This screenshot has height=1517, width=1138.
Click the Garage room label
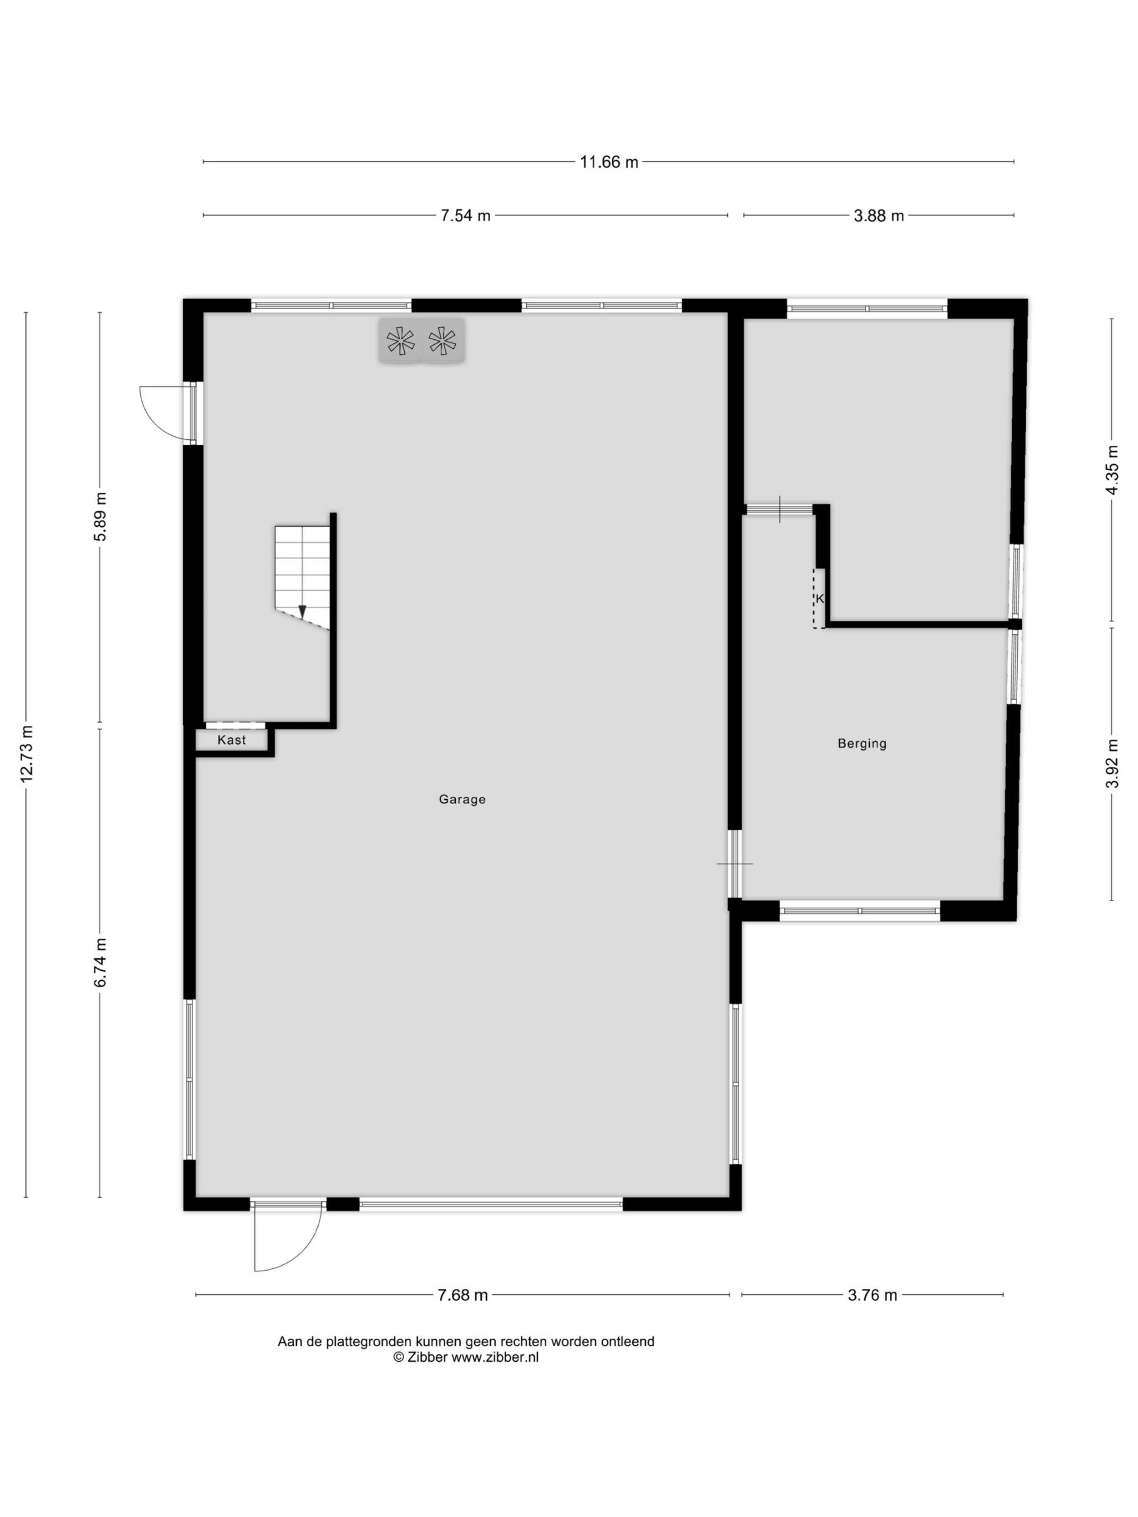(x=462, y=799)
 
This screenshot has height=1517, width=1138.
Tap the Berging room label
(x=862, y=743)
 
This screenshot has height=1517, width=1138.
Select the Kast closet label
(x=231, y=740)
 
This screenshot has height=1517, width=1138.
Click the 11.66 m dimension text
(x=608, y=162)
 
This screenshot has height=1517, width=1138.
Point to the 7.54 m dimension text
(x=465, y=215)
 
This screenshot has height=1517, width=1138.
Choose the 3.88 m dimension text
(x=878, y=215)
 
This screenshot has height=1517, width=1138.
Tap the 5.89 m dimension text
(x=100, y=516)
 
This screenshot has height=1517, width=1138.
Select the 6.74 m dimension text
(x=100, y=962)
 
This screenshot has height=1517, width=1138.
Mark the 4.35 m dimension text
(x=1112, y=469)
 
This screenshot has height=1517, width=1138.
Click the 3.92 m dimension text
(x=1112, y=763)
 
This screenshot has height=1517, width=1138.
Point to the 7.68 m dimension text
(x=462, y=1295)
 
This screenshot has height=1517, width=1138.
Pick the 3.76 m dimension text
(x=872, y=1295)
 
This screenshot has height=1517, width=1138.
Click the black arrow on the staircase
(x=302, y=611)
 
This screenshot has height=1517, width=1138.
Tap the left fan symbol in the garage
(x=401, y=341)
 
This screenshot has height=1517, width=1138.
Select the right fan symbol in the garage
(x=442, y=341)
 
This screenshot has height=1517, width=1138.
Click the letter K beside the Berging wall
(x=819, y=599)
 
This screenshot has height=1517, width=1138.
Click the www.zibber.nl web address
(x=495, y=1357)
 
